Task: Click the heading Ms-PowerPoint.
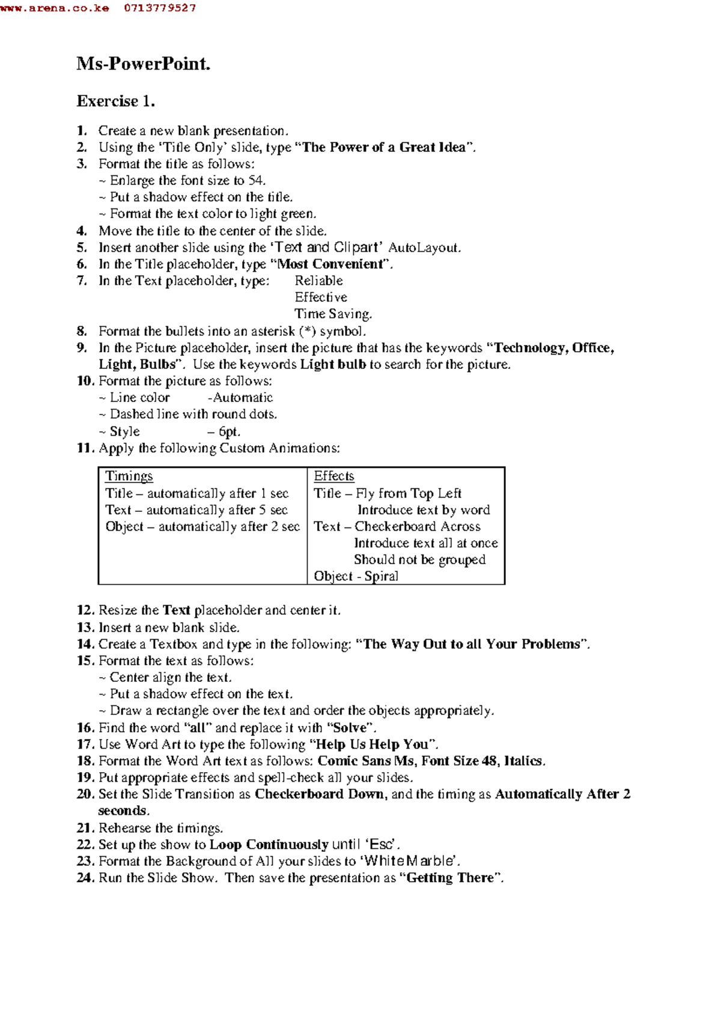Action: tap(143, 64)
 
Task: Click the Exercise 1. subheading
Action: tap(115, 101)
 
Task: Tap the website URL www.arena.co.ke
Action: tap(55, 8)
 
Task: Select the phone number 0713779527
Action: tap(160, 8)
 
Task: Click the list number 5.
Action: tap(82, 248)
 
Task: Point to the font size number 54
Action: tap(257, 180)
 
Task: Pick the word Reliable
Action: tap(318, 281)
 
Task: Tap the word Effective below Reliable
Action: tap(320, 297)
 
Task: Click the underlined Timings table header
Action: tap(129, 476)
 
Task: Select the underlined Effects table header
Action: tap(333, 476)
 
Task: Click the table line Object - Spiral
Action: tap(356, 576)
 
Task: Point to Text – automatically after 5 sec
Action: tap(196, 510)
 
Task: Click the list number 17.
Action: tap(85, 744)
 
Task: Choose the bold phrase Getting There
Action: tap(450, 878)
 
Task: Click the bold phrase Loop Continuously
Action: tap(269, 844)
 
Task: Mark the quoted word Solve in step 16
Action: tap(350, 728)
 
